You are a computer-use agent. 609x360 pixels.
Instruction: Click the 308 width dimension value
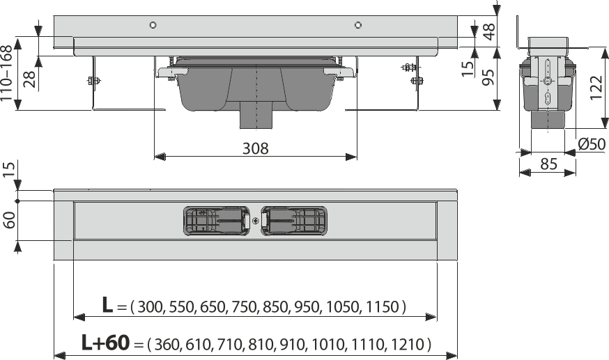(256, 148)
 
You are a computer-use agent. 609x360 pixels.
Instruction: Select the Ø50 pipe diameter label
(590, 144)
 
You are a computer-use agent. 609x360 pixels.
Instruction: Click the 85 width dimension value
(548, 166)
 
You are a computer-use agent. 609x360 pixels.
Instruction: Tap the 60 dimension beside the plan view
(10, 221)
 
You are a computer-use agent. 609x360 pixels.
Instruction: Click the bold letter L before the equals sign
(107, 305)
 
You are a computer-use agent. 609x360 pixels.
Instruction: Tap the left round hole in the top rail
(154, 26)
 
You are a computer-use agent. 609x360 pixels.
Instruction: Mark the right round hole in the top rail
(357, 26)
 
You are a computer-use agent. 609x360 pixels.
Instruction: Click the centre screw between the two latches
(256, 221)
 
